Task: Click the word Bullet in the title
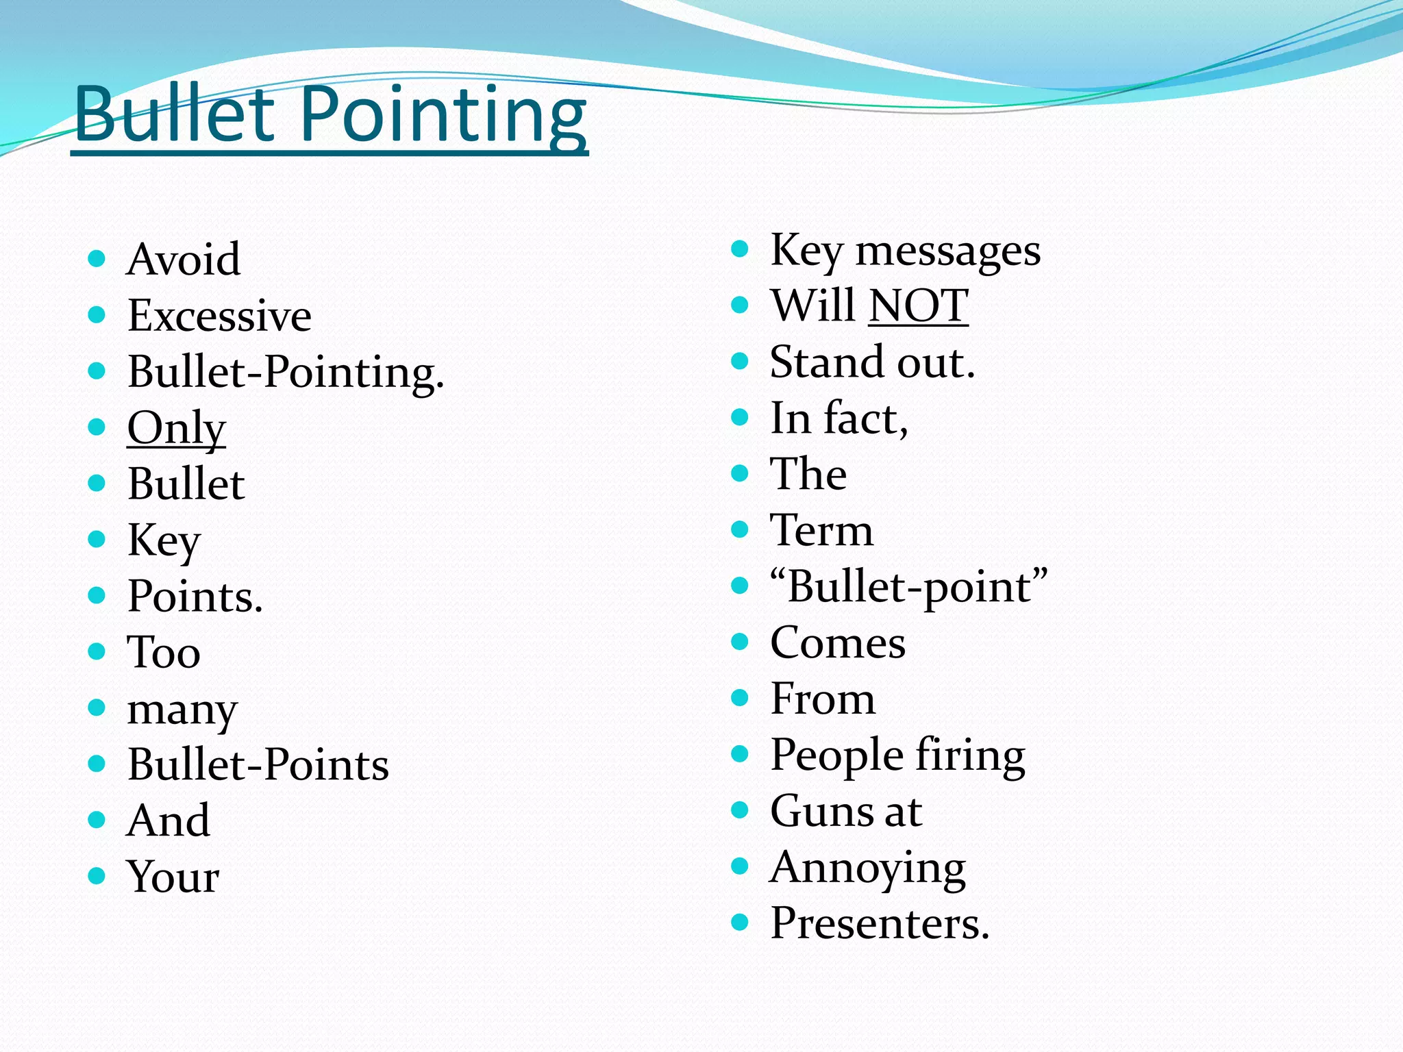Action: pos(175,115)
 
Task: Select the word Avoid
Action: pos(184,260)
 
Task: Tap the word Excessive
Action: pos(219,316)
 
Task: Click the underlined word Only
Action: pos(176,429)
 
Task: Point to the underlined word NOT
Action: pos(918,305)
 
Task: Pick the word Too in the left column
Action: pos(164,652)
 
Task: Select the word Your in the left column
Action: pos(173,877)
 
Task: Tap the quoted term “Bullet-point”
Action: pos(908,587)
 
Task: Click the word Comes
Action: pos(838,643)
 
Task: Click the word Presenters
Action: pos(880,924)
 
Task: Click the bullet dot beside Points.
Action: pos(97,595)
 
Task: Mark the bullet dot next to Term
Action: pos(740,529)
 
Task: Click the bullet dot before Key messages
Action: pos(740,249)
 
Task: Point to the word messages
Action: pos(948,251)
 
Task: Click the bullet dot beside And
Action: pos(97,819)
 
